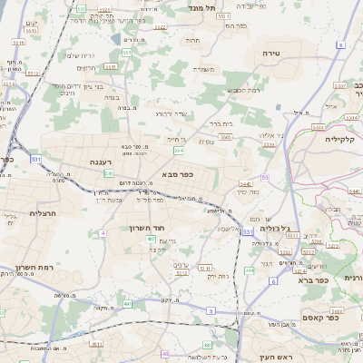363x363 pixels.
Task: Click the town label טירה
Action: pyautogui.click(x=271, y=54)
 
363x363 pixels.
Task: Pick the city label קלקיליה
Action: pyautogui.click(x=344, y=140)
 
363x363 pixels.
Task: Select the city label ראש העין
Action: pyautogui.click(x=275, y=357)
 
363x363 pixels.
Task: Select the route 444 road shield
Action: pyautogui.click(x=250, y=270)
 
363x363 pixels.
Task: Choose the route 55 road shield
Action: pyautogui.click(x=265, y=178)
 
